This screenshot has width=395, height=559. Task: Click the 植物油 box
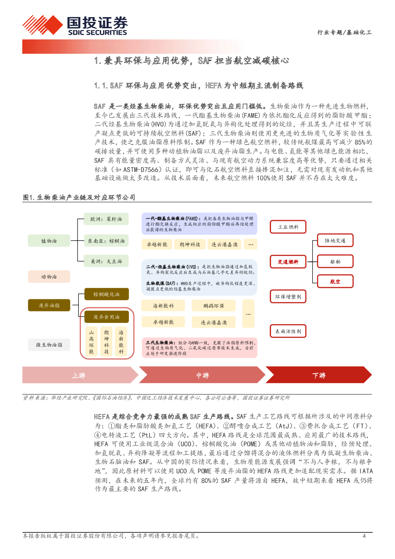click(x=49, y=240)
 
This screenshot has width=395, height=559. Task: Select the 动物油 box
click(x=49, y=276)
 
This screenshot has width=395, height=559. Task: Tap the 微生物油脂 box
click(x=49, y=345)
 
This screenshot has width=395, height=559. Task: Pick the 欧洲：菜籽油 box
click(x=106, y=219)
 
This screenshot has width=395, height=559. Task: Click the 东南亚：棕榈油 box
click(x=106, y=240)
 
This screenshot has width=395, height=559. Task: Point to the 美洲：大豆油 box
click(x=106, y=261)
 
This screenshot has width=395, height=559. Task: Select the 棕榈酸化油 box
click(x=106, y=294)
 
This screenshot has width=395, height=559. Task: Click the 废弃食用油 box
click(x=106, y=317)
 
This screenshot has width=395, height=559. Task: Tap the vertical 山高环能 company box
click(x=91, y=342)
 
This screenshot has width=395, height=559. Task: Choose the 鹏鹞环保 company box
click(x=214, y=306)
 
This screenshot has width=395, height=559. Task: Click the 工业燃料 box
click(x=288, y=227)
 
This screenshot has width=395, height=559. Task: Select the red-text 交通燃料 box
click(x=288, y=262)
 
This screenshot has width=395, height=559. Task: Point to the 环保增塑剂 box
click(x=288, y=297)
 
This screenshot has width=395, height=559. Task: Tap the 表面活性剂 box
click(x=288, y=331)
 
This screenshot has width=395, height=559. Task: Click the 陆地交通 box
click(x=335, y=240)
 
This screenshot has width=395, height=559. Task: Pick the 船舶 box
click(x=335, y=262)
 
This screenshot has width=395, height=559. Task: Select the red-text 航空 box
click(x=335, y=281)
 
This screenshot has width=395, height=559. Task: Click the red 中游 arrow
click(x=202, y=375)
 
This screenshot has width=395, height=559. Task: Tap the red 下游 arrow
click(x=319, y=375)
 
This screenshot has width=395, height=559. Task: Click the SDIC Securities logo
click(x=75, y=25)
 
